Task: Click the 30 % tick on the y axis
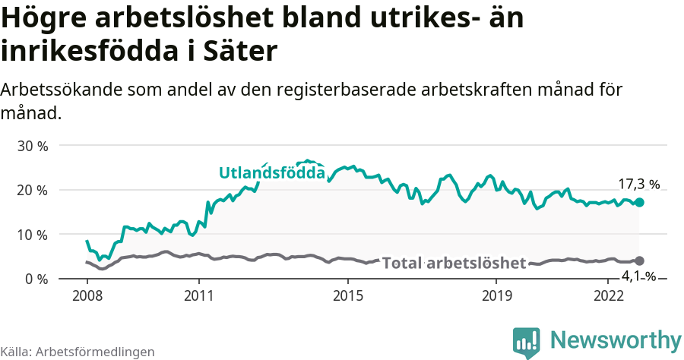(33, 146)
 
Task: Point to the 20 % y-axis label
(33, 190)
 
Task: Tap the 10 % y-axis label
(33, 235)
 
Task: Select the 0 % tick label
(36, 279)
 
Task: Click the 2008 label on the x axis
(87, 295)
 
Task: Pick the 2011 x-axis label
(198, 295)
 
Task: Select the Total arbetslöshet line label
(454, 264)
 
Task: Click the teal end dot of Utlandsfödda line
(639, 202)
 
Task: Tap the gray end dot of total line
(639, 261)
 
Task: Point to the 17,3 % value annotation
(638, 185)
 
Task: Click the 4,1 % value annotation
(638, 276)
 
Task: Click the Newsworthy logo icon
(526, 341)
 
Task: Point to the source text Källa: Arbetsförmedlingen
(78, 352)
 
